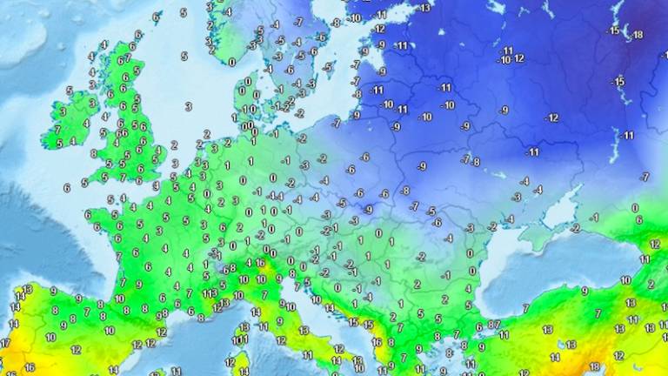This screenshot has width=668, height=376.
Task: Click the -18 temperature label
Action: click(x=638, y=35)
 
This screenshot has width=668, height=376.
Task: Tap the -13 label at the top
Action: click(x=424, y=8)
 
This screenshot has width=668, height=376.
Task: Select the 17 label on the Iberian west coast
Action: click(x=4, y=343)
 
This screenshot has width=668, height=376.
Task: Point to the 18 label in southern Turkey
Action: click(x=595, y=366)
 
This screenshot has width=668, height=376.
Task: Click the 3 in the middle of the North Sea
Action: click(x=188, y=107)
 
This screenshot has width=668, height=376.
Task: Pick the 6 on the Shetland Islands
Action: click(x=157, y=17)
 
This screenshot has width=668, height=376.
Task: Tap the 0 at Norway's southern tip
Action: click(x=231, y=62)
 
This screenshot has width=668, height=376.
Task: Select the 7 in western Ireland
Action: click(x=58, y=130)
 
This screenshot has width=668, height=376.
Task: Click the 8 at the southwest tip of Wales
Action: click(x=94, y=153)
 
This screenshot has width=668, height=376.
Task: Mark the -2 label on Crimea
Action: click(x=575, y=229)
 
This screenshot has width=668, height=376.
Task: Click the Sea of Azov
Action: click(x=561, y=207)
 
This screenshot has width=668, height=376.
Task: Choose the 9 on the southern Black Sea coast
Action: click(x=584, y=292)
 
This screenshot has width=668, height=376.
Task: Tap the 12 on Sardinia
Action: click(x=230, y=361)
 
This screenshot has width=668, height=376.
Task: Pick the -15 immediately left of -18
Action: click(x=614, y=30)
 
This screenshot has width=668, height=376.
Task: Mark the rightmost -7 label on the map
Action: click(x=645, y=177)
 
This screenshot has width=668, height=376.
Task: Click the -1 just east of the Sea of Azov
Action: click(x=594, y=218)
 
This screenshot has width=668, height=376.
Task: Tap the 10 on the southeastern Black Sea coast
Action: click(x=625, y=280)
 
